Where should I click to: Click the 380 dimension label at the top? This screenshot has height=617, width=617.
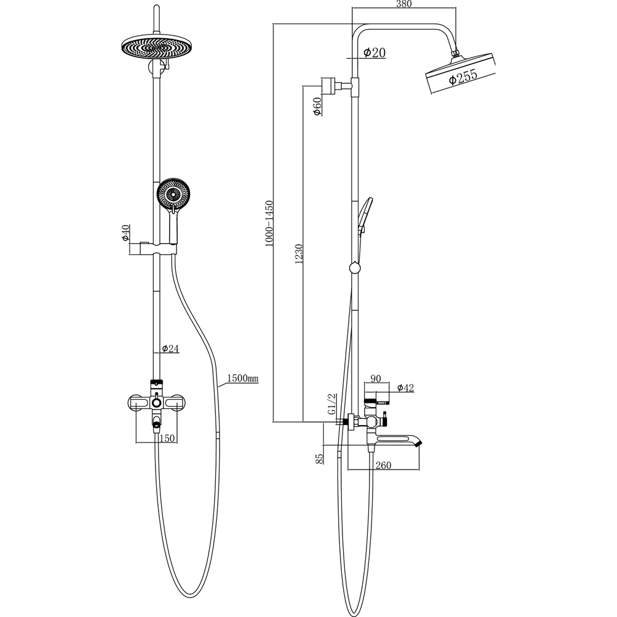tap(404, 4)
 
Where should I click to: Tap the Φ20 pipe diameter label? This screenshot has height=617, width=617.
tap(375, 52)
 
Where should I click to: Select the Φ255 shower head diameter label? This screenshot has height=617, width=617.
tap(463, 77)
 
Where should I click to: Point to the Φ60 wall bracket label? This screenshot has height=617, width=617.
tap(317, 106)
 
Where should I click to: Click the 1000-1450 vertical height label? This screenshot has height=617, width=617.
tap(269, 223)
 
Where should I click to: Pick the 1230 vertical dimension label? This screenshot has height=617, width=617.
tap(299, 254)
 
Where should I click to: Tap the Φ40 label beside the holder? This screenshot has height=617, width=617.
tap(125, 233)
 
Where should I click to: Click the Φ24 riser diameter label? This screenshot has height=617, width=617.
tap(170, 348)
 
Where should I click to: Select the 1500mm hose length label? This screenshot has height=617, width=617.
tap(242, 378)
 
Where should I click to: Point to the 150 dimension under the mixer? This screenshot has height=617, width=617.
tap(167, 438)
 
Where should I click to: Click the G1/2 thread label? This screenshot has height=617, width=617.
tap(332, 404)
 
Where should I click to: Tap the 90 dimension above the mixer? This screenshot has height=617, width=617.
tap(376, 379)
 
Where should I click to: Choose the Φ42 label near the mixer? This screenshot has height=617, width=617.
tap(406, 388)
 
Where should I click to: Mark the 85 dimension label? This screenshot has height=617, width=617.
tap(319, 458)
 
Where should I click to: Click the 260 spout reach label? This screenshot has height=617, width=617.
tap(383, 465)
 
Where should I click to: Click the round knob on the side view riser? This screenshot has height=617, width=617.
tap(355, 268)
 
